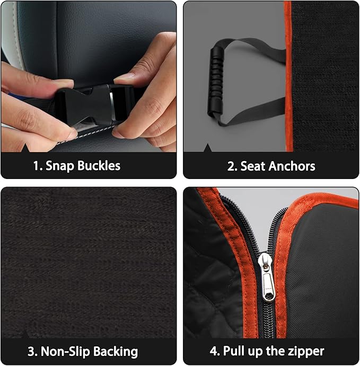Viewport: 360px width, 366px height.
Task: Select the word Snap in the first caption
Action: point(60,166)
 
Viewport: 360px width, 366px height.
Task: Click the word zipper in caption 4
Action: point(305,351)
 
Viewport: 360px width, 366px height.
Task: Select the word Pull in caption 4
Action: point(234,351)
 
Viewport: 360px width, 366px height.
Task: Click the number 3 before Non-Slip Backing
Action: point(31,351)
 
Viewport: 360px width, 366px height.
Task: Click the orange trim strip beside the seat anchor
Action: point(287,79)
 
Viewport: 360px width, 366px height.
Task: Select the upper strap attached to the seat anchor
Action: point(254,51)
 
